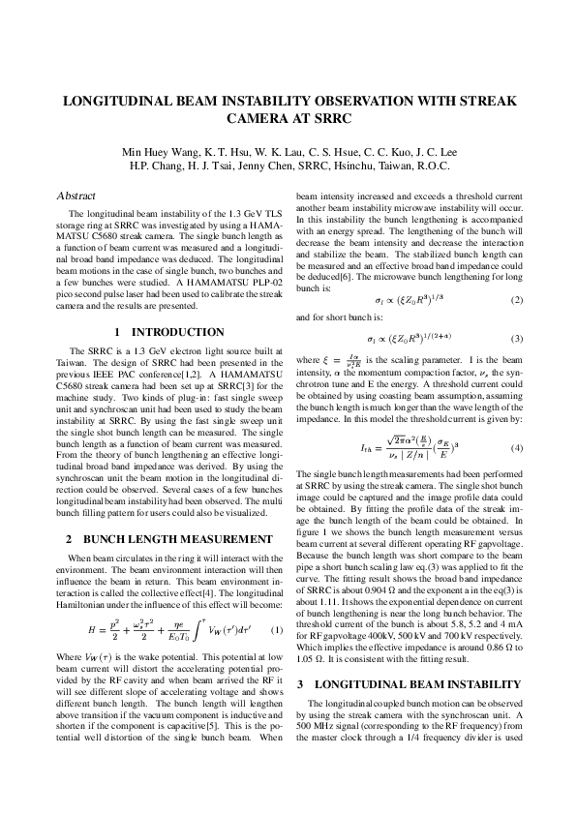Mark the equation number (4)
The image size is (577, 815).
click(516, 421)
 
